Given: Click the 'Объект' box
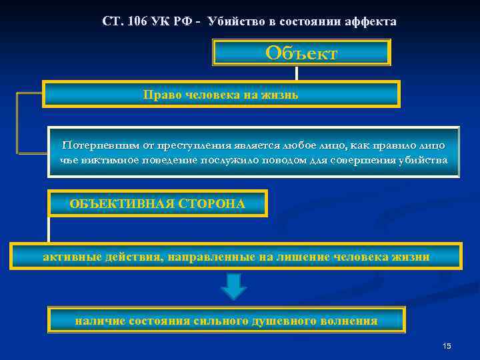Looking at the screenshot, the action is [x=301, y=53].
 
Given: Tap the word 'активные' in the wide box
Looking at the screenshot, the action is [x=68, y=257].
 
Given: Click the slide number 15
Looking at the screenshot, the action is [x=447, y=345].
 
